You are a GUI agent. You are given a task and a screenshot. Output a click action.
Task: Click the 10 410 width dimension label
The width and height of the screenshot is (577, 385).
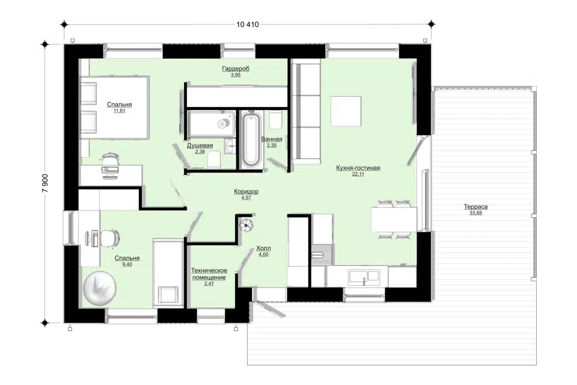[x=248, y=25]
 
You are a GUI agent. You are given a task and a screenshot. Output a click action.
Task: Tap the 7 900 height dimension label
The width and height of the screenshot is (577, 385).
[x=45, y=183]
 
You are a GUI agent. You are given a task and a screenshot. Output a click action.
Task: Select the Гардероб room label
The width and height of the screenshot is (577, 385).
[x=236, y=69]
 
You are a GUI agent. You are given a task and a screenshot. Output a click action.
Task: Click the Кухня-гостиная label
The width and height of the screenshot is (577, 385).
[x=358, y=168]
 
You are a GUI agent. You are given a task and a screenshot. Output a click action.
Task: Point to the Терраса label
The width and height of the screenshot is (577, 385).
[x=475, y=207]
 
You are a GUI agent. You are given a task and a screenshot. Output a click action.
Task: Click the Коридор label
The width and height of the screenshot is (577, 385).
[x=246, y=191]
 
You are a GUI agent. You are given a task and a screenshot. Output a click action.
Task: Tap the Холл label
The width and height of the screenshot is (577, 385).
[x=263, y=248]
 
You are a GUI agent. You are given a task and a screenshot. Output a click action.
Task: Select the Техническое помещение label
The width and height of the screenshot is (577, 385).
[x=209, y=274]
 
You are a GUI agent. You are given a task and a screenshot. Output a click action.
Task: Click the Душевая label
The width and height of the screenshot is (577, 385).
[x=200, y=146]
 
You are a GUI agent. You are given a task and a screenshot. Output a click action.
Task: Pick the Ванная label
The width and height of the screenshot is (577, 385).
[x=272, y=139]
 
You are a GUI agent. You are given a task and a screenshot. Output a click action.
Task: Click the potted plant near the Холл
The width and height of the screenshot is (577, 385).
[x=246, y=224]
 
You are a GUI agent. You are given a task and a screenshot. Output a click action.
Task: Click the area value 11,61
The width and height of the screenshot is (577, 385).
[x=120, y=111]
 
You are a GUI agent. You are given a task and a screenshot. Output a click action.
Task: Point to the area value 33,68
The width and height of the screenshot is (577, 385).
[x=475, y=213]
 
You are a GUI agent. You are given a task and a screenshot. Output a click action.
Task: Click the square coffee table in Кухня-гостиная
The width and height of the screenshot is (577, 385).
[x=346, y=111]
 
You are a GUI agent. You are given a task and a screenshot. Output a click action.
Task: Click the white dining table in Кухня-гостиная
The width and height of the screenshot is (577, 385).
[x=394, y=219]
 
